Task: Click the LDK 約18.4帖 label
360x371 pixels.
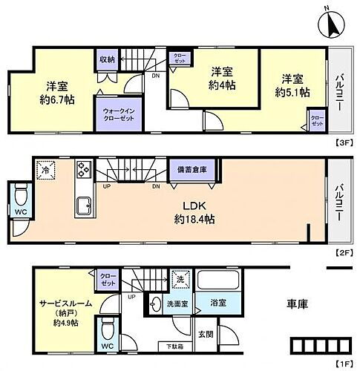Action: pos(194,213)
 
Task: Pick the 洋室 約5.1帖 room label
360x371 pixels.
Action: pos(291,84)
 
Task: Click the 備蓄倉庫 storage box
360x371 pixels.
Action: pos(192,170)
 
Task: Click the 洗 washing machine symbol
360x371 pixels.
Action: pos(180,280)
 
